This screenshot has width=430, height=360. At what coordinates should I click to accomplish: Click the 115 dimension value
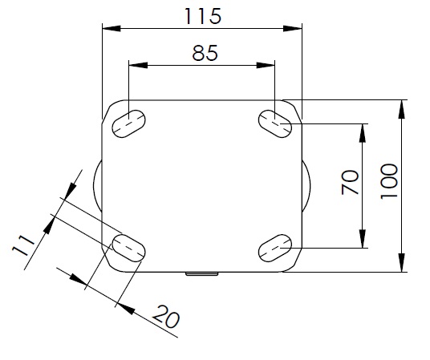click(x=203, y=16)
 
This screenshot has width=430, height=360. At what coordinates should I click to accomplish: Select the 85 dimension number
click(x=205, y=53)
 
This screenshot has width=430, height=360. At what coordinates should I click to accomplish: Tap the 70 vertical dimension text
click(x=351, y=182)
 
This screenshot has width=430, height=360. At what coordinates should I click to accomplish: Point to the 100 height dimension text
click(x=389, y=181)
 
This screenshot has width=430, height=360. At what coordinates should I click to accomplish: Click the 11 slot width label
click(x=23, y=245)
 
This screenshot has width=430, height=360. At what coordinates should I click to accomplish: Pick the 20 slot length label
click(x=166, y=317)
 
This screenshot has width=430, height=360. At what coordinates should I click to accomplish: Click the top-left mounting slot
click(x=128, y=123)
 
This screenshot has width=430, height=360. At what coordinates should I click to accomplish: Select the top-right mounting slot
click(x=275, y=123)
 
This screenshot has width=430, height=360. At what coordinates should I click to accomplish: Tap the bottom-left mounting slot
click(x=128, y=248)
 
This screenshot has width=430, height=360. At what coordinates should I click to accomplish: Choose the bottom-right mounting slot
click(x=275, y=248)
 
